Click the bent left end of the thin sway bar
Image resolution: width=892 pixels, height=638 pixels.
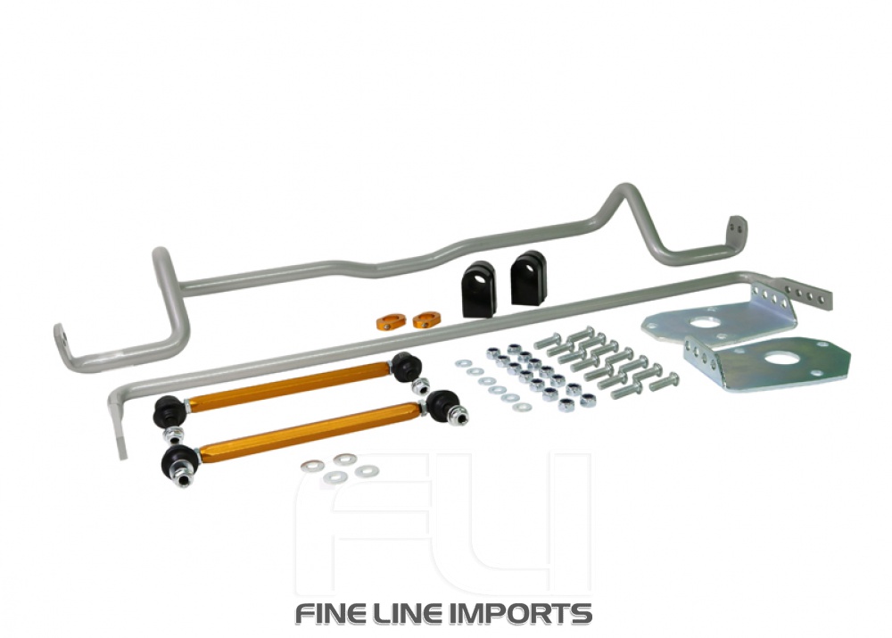pos(120,424)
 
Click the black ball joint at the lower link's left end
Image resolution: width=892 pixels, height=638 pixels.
pos(176,463)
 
